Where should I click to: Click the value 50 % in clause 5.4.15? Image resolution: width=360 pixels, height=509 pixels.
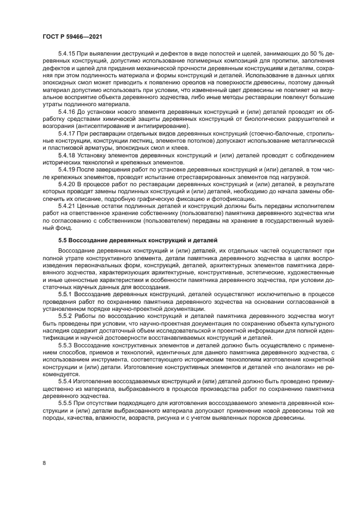[x=300, y=55]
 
